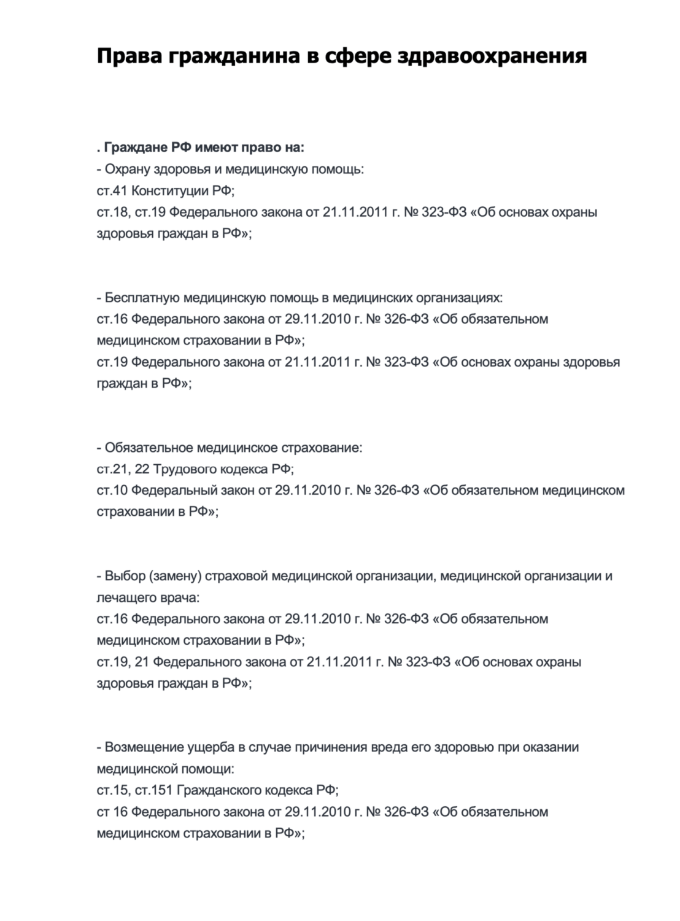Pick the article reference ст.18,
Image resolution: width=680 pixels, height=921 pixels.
[113, 212]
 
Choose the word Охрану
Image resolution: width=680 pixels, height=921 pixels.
[128, 169]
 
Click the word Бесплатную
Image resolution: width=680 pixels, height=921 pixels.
[141, 298]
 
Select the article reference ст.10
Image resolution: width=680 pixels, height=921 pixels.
[112, 491]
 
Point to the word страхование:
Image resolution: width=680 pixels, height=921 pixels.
[323, 448]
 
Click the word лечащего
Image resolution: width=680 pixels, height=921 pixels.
[123, 597]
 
